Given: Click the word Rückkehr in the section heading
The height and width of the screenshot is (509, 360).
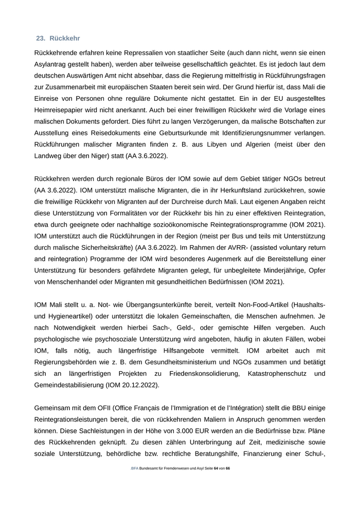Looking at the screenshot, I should coord(65,39).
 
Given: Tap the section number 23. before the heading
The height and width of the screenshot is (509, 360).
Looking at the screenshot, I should coord(41,39).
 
